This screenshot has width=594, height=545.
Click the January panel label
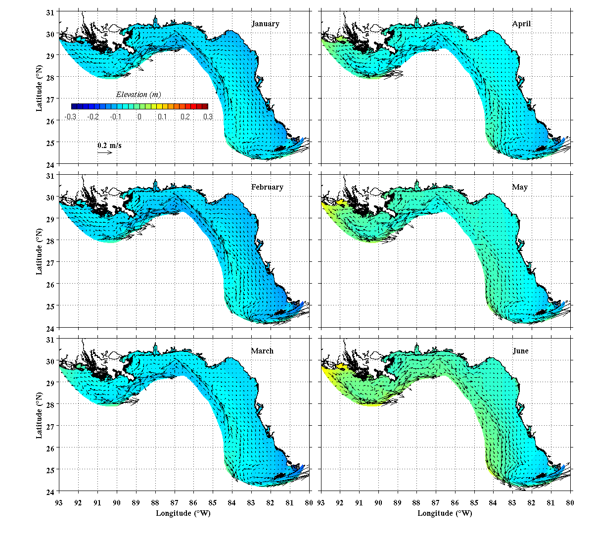(265, 24)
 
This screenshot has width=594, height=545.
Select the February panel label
(267, 187)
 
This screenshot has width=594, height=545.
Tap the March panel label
(262, 351)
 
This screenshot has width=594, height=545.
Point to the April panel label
(521, 24)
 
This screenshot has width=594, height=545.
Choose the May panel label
(520, 187)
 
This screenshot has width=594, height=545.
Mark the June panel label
(521, 351)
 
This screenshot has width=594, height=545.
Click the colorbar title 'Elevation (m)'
(138, 95)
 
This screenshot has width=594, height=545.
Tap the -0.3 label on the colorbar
(70, 117)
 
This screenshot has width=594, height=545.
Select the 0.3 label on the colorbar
(208, 117)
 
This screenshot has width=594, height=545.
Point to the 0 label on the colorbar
(139, 117)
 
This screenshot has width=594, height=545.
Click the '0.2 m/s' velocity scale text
(109, 146)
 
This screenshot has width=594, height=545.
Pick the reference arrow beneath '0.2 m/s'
(105, 152)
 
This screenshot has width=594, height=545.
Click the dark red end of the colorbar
(205, 106)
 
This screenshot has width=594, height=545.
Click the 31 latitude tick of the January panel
(50, 12)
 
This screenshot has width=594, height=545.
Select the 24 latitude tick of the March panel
(50, 492)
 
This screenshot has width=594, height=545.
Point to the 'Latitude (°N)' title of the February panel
(39, 251)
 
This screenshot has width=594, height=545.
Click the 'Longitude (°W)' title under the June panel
(445, 513)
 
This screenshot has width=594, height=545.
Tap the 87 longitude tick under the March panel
(174, 503)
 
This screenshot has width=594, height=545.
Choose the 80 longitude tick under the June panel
(570, 503)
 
